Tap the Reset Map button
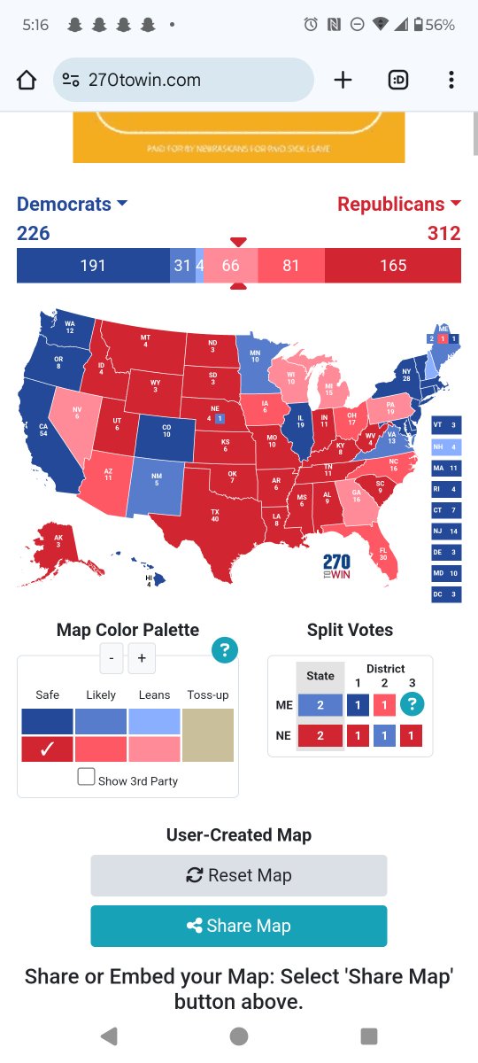click(x=239, y=875)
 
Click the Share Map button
click(x=239, y=926)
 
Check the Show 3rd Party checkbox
click(x=86, y=777)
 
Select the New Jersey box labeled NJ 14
click(x=446, y=531)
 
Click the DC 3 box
click(x=446, y=594)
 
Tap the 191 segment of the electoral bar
click(x=93, y=266)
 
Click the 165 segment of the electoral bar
click(x=393, y=266)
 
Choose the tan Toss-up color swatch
click(x=208, y=734)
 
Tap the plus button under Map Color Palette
click(x=142, y=658)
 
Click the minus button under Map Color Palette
click(x=112, y=658)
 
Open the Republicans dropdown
click(x=399, y=204)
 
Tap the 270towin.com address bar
click(x=183, y=80)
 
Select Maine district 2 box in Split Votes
click(x=384, y=705)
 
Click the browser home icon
click(x=27, y=80)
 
